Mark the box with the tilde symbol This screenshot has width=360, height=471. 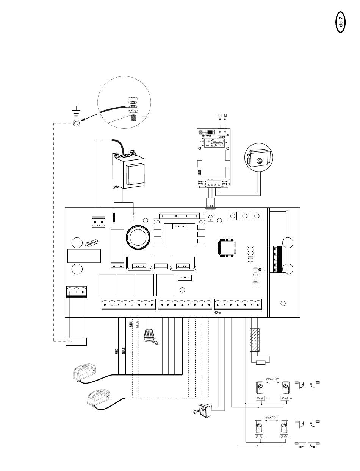click(x=77, y=342)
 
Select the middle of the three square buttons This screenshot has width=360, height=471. click(x=245, y=216)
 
